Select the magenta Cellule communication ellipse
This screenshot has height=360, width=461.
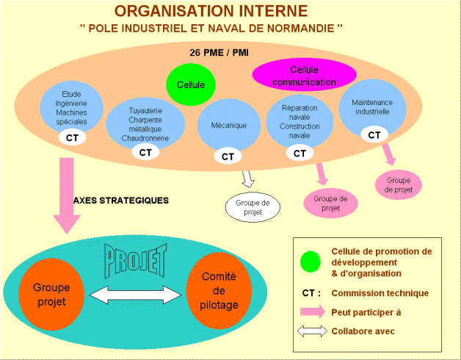click(x=304, y=75)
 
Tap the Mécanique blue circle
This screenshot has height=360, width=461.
click(x=228, y=126)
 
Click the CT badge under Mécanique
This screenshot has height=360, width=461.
click(x=228, y=156)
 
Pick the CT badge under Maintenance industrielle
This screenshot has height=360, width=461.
click(x=374, y=135)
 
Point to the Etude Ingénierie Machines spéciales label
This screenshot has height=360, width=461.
click(x=72, y=109)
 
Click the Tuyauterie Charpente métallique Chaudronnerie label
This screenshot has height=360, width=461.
click(x=145, y=124)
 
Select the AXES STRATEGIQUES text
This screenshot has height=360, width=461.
click(x=121, y=200)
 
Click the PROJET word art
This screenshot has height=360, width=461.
click(x=137, y=258)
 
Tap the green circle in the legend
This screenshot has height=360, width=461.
click(x=311, y=261)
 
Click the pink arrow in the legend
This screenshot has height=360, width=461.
click(x=311, y=312)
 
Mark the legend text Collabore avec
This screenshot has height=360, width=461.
click(x=363, y=331)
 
